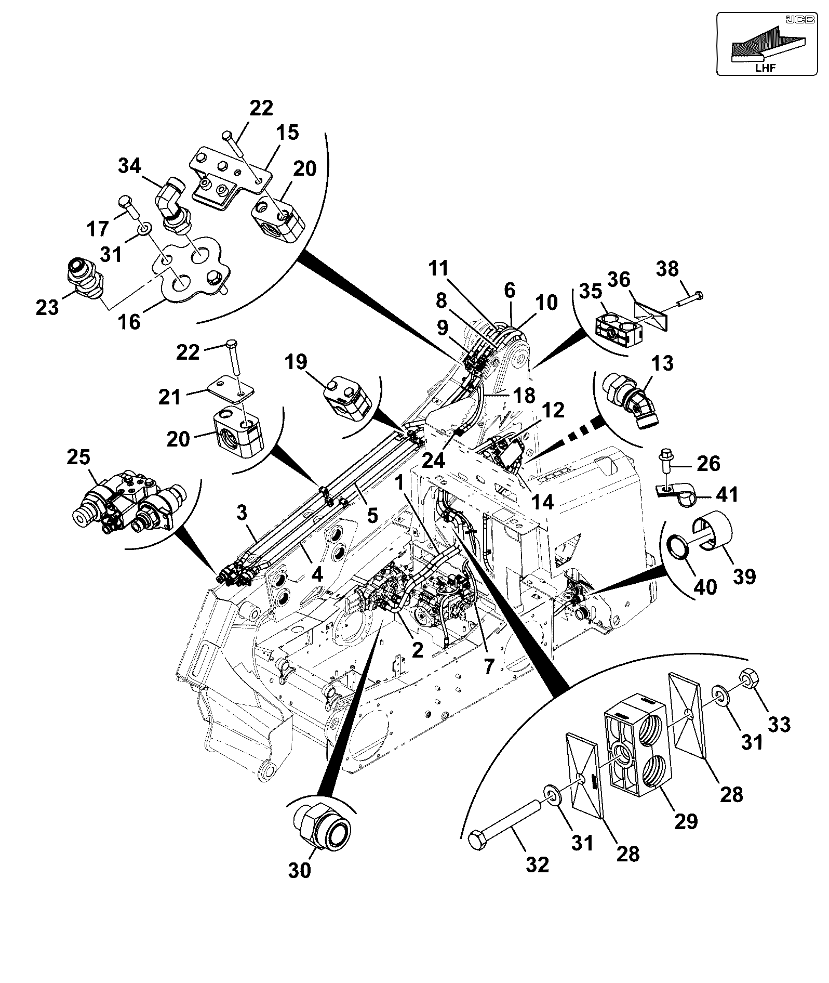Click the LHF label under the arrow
coord(766,68)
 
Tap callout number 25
coord(78,457)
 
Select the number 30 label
coord(300,870)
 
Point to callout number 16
coord(129,321)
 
